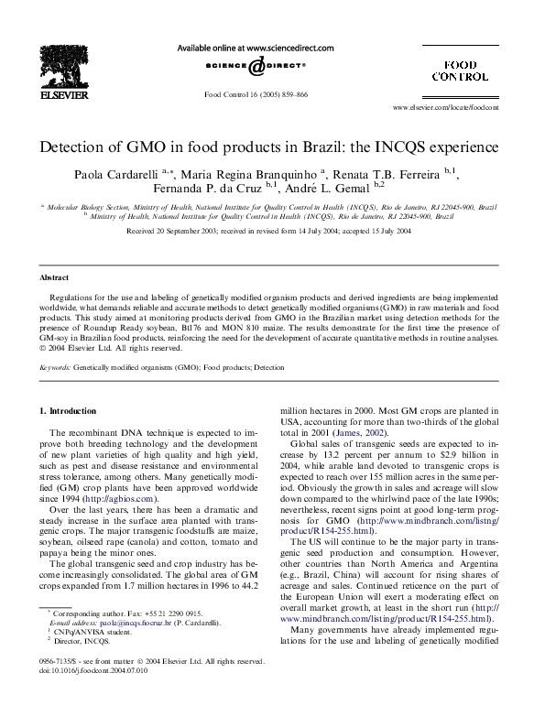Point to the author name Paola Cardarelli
(x=114, y=174)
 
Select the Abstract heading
(x=53, y=277)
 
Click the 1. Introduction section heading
(x=71, y=411)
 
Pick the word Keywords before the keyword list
(x=55, y=367)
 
